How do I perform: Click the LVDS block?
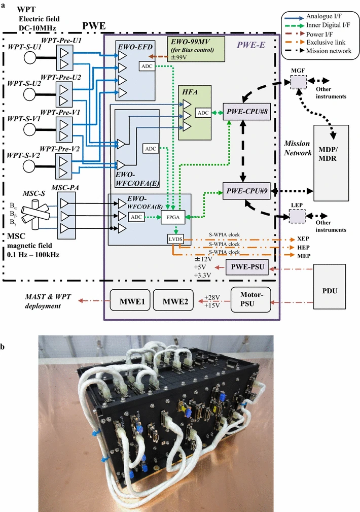(175, 237)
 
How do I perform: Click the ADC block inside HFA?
(202, 113)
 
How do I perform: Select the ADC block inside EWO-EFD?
(147, 66)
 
